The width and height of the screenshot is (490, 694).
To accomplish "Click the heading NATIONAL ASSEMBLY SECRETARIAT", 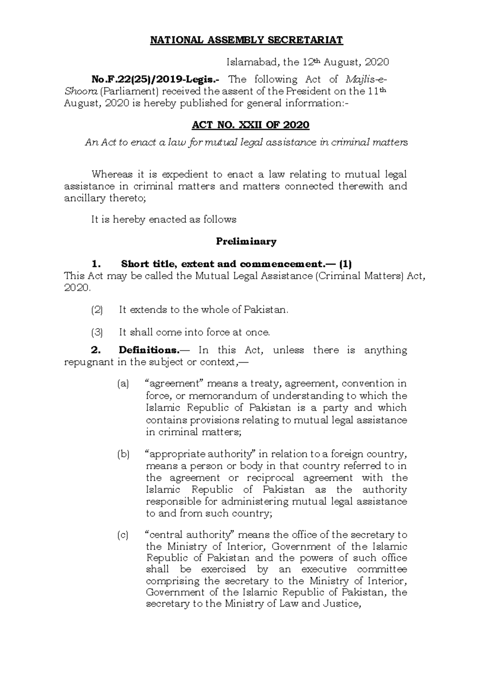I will coord(247,40).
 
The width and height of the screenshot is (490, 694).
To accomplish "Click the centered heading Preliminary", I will coord(246,242).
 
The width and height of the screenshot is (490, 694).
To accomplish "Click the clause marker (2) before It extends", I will coord(97,310).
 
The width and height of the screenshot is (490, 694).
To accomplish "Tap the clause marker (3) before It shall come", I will coord(97,332).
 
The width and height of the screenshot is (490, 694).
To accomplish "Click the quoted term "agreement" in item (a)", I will coord(175,384).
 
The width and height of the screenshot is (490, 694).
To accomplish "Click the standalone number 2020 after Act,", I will coord(76,288).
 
